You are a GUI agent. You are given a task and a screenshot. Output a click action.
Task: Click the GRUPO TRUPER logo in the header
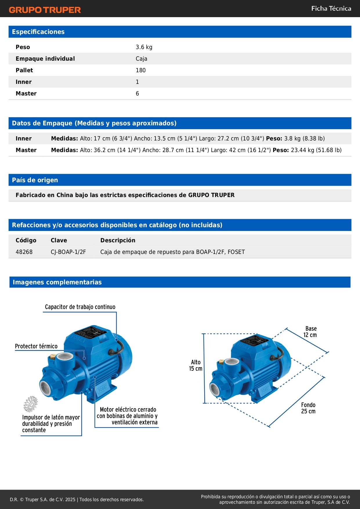[45, 10]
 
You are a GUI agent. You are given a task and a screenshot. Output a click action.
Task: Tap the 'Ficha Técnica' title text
[331, 8]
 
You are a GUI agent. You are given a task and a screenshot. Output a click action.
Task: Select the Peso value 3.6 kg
[144, 47]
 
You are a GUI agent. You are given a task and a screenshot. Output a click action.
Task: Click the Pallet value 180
[141, 70]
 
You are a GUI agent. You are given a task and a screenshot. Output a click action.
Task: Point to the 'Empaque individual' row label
[45, 59]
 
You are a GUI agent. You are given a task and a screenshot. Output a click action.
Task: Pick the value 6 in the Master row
[138, 93]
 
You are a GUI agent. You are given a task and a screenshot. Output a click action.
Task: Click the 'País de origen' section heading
[35, 180]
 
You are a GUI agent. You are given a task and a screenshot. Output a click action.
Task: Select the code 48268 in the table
[24, 252]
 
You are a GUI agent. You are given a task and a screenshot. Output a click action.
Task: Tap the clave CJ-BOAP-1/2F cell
[68, 252]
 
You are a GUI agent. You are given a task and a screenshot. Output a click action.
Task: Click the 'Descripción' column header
[118, 240]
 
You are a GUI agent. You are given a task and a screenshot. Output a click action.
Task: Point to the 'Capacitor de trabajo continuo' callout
[80, 307]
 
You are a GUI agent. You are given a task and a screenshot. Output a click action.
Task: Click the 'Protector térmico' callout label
[36, 346]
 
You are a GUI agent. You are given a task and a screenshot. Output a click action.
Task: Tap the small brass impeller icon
[31, 404]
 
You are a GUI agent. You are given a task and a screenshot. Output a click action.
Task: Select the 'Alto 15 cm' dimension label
[196, 365]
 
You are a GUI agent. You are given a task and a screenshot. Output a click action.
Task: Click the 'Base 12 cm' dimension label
[310, 332]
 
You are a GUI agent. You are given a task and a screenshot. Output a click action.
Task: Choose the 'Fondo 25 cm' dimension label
[308, 408]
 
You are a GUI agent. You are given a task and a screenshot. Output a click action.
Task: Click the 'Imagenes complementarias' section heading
[57, 282]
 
